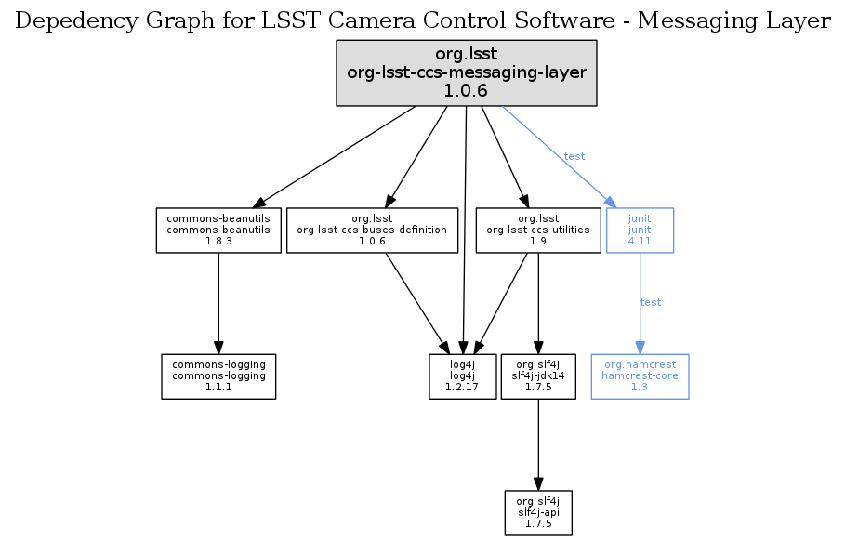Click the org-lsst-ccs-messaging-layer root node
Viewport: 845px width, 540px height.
coord(466,72)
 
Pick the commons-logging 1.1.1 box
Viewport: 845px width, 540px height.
coord(218,376)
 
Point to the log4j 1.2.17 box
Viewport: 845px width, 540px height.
coord(463,376)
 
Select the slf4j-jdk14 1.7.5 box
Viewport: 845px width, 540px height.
coord(538,376)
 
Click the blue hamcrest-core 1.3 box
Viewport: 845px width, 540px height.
coord(640,376)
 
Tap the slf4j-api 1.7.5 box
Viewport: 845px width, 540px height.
coord(538,513)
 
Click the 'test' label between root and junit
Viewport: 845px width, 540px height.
coord(574,156)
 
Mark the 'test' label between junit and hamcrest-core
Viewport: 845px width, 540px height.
coord(651,302)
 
